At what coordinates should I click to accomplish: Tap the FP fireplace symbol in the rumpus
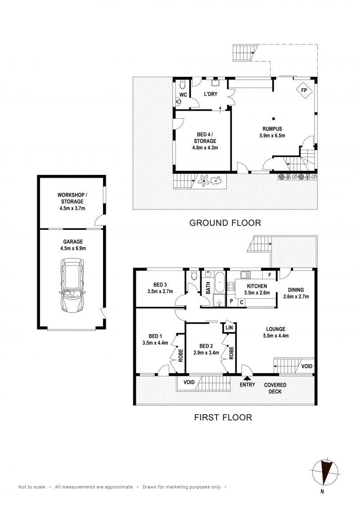304,90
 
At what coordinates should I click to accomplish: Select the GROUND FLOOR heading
225,223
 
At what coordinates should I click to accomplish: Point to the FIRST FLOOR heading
223,417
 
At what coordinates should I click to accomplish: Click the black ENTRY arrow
246,378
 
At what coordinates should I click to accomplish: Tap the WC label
183,95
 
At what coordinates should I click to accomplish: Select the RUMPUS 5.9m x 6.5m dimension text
273,135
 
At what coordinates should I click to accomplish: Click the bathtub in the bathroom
219,282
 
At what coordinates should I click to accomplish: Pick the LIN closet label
229,328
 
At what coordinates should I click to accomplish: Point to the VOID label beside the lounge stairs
306,366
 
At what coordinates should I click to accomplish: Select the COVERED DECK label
275,388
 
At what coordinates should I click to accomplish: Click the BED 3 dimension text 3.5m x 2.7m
160,291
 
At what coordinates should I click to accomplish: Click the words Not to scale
31,487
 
